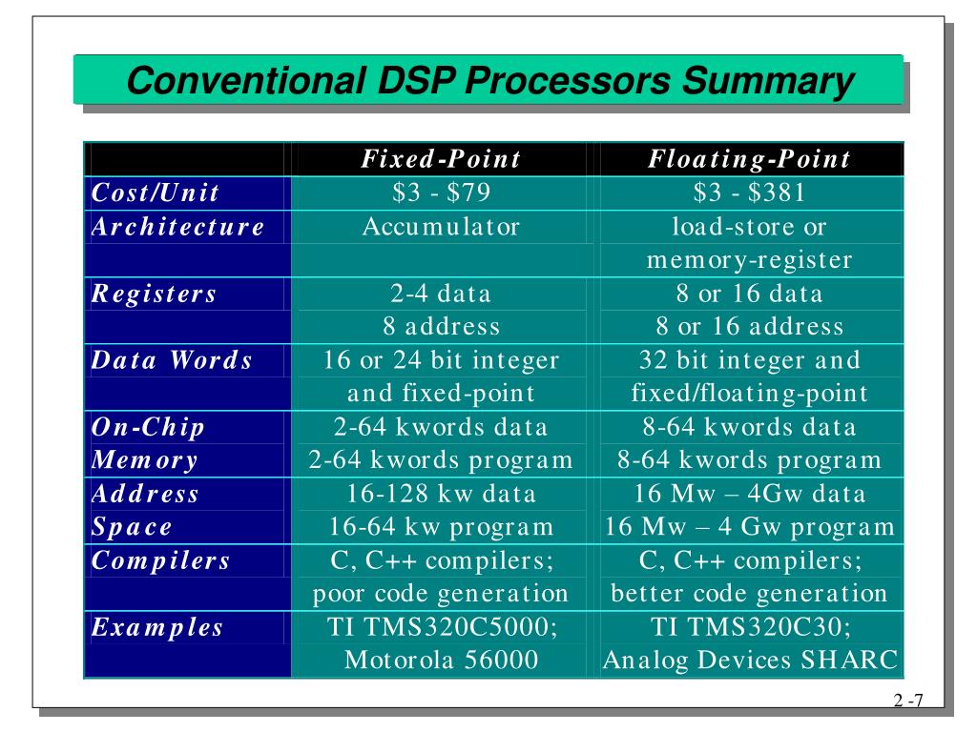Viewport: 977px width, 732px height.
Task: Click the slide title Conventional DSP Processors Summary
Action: click(488, 80)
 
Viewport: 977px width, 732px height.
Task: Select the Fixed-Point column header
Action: click(441, 159)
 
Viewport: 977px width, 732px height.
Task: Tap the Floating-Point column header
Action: click(749, 159)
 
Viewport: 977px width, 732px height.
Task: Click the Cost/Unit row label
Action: click(156, 193)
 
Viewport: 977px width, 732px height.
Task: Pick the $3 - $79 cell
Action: click(441, 193)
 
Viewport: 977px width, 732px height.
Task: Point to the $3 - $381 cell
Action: click(749, 193)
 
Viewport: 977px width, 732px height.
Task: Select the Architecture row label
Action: click(177, 227)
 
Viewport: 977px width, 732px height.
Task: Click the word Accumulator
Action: click(441, 227)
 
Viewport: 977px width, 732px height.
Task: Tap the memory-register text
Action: click(749, 260)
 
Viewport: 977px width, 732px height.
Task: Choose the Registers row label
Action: click(154, 294)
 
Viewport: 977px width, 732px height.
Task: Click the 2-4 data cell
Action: click(441, 294)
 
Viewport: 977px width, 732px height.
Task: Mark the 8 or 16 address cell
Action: click(749, 327)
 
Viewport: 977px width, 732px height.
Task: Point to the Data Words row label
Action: click(172, 361)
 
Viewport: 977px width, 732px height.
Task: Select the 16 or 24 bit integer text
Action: click(441, 361)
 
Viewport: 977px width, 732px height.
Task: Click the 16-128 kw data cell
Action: click(441, 494)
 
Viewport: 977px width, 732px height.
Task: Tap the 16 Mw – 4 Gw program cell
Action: click(749, 527)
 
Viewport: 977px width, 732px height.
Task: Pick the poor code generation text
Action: click(441, 594)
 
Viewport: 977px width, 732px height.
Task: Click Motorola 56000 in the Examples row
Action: click(441, 661)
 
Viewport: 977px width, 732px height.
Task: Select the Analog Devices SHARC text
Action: click(749, 661)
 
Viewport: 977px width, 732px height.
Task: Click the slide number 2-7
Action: click(908, 702)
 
